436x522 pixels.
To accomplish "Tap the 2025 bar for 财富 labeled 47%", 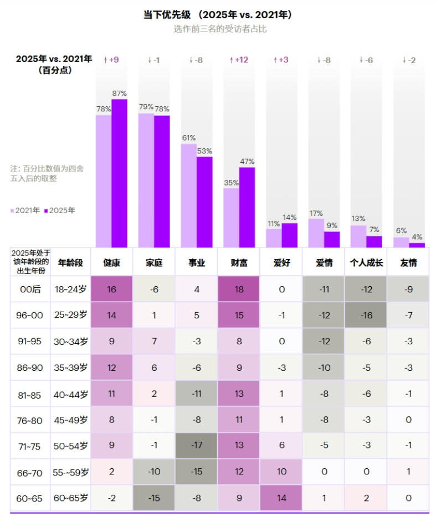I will tap(247, 207).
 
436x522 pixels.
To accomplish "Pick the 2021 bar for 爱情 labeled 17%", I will tap(316, 233).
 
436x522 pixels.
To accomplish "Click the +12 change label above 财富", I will tap(239, 60).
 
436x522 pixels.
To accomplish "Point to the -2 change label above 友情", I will tap(409, 60).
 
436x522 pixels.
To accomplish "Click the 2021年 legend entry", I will tap(25, 210).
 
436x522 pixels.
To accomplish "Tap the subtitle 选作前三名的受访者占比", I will tap(220, 29).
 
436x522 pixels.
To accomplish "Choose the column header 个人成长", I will tap(366, 263).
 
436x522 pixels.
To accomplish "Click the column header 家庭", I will tap(154, 263).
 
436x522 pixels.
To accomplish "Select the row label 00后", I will tap(29, 289).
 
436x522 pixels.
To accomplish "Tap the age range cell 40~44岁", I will tap(70, 394).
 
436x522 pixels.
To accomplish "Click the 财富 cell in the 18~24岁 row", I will tap(239, 289).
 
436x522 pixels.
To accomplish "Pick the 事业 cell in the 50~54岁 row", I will tap(197, 446).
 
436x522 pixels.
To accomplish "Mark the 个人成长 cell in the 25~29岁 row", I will tap(366, 315).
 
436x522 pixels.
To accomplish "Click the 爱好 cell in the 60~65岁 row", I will tap(281, 498).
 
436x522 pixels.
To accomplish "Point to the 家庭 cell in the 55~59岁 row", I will tap(154, 472).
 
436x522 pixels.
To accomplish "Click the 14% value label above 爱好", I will tap(289, 218).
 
